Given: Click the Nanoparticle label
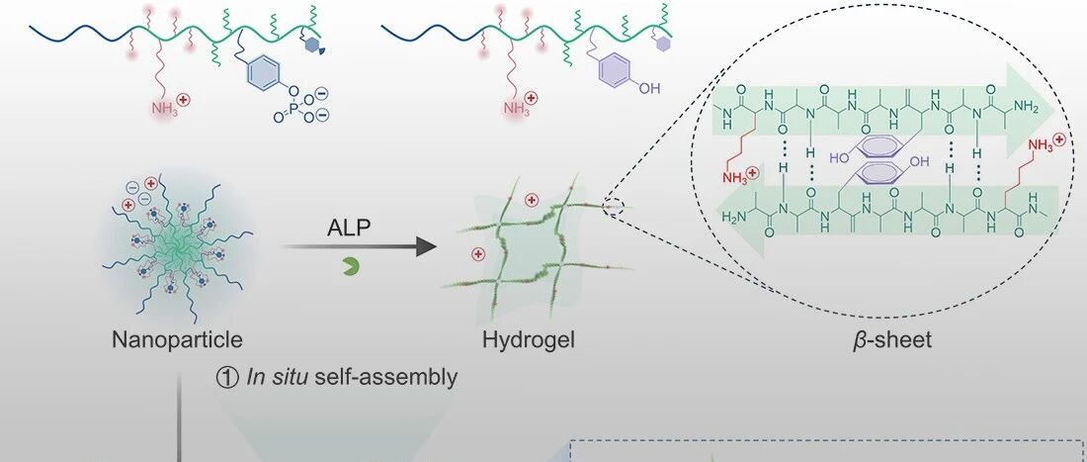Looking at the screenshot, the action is coord(178,341).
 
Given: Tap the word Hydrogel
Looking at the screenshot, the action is coord(529,341).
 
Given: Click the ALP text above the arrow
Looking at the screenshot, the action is coord(349,230).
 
